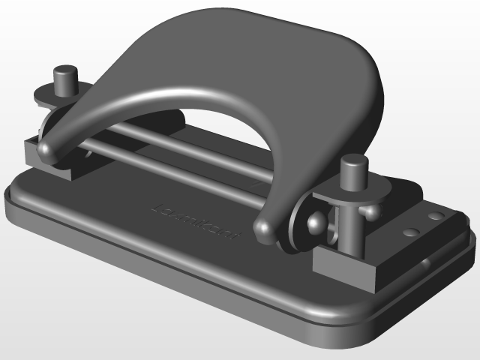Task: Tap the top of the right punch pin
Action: pyautogui.click(x=353, y=161)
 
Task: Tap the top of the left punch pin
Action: pyautogui.click(x=65, y=71)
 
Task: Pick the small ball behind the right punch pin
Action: pyautogui.click(x=370, y=212)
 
